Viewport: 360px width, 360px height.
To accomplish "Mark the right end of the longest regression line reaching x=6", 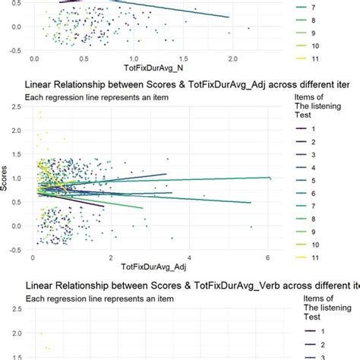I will click(x=270, y=178).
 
